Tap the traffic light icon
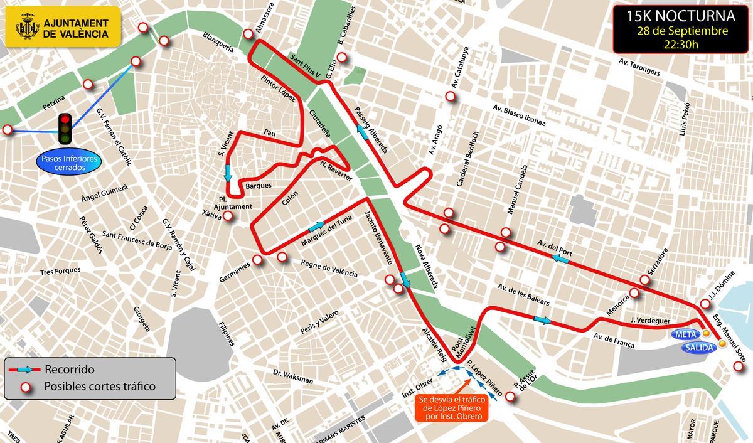[65, 129]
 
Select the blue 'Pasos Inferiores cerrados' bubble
[70, 164]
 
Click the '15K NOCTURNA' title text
[675, 16]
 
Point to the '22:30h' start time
[675, 45]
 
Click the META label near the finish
[685, 333]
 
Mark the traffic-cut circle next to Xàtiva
[228, 216]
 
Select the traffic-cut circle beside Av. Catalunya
[450, 97]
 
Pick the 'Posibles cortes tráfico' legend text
[99, 387]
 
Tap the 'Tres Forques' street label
[60, 271]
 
